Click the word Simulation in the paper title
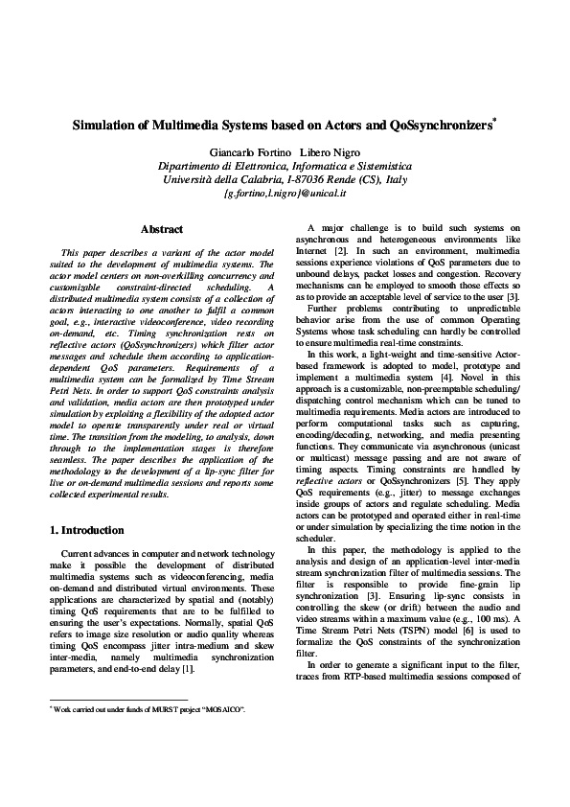pyautogui.click(x=108, y=126)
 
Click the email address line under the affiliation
pyautogui.click(x=284, y=193)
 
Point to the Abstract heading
pyautogui.click(x=162, y=230)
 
